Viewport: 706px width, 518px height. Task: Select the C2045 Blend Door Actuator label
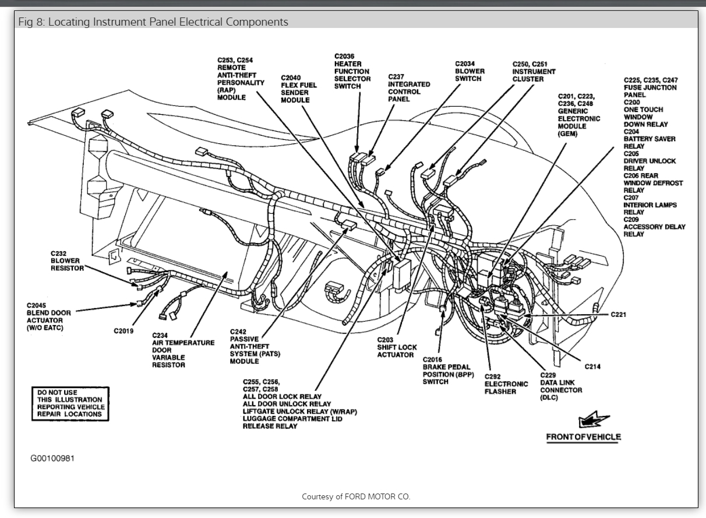click(x=49, y=316)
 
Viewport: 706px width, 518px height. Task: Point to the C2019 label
click(x=123, y=332)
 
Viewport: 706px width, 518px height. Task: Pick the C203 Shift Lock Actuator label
click(x=396, y=347)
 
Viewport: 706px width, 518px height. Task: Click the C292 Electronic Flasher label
click(x=506, y=384)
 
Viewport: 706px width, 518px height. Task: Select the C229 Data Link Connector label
click(x=560, y=386)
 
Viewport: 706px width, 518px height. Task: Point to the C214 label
click(x=593, y=366)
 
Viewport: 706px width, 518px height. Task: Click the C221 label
click(x=619, y=315)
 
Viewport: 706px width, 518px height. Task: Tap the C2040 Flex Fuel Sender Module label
click(x=298, y=89)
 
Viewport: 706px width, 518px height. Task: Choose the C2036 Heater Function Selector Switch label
click(x=352, y=71)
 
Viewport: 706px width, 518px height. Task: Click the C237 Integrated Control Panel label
click(x=409, y=87)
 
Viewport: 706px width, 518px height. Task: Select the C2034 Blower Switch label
click(x=470, y=71)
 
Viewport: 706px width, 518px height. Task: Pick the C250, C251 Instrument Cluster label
click(x=534, y=72)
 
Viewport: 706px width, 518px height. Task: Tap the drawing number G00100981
click(x=52, y=459)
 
